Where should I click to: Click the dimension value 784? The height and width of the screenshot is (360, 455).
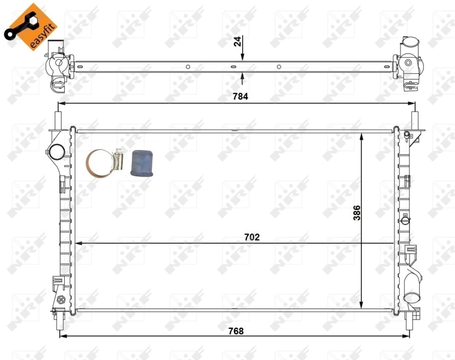coord(240,96)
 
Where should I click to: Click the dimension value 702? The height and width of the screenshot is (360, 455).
coord(252,237)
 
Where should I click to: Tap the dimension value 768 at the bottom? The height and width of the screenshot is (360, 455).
coord(236,331)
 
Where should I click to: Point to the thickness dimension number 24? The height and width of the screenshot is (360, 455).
coord(237,42)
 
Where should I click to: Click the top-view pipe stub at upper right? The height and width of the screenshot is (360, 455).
coord(409,45)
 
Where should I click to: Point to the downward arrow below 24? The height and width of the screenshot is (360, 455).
coord(242,56)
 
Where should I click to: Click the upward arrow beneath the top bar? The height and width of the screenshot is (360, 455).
coord(242,77)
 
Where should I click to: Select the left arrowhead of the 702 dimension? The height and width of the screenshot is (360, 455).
coord(76,244)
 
